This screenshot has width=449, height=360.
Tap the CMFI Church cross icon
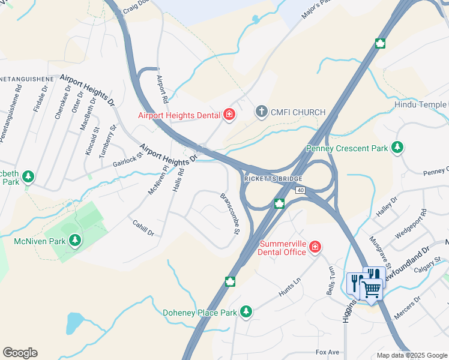pyautogui.click(x=261, y=112)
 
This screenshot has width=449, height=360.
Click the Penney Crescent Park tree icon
pyautogui.click(x=397, y=148)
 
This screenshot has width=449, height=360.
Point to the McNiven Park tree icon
pyautogui.click(x=74, y=241)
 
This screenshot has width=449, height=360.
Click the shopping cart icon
pyautogui.click(x=371, y=289)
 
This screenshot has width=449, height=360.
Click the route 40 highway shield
pyautogui.click(x=300, y=190)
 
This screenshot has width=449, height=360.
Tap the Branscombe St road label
pyautogui.click(x=230, y=214)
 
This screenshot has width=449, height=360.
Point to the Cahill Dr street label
pyautogui.click(x=143, y=227)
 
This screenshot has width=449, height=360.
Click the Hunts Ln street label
pyautogui.click(x=289, y=286)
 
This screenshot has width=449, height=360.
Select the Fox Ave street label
pyautogui.click(x=328, y=352)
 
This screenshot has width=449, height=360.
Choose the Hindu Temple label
pyautogui.click(x=421, y=104)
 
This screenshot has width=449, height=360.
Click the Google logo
pyautogui.click(x=20, y=353)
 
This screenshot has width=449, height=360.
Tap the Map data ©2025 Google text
pyautogui.click(x=412, y=355)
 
